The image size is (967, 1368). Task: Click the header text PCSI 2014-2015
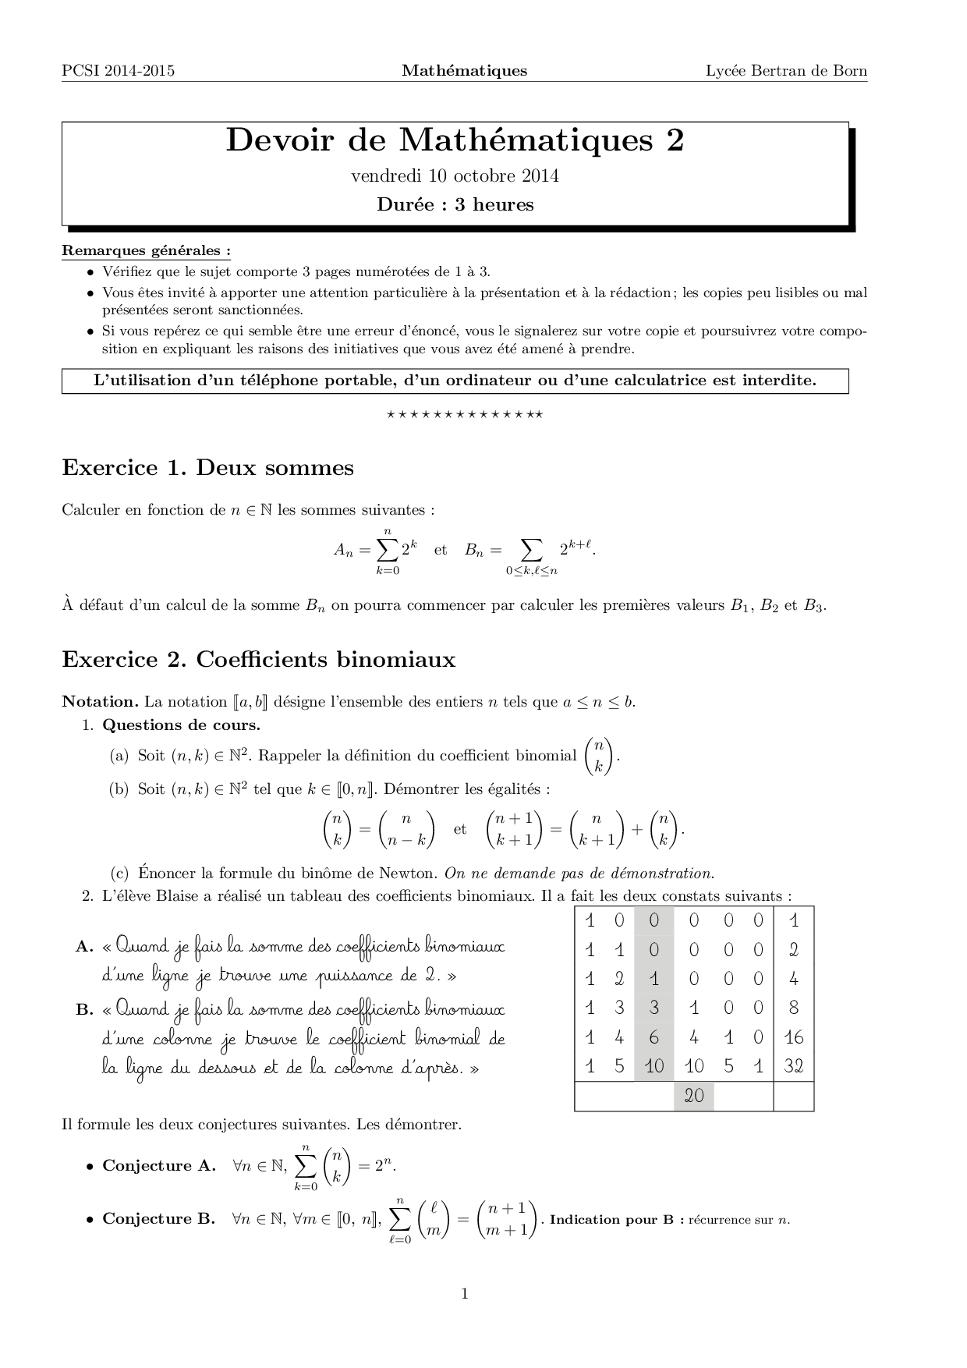[118, 71]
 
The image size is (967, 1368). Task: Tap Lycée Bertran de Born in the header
[786, 71]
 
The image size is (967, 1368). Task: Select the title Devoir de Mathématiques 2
[455, 140]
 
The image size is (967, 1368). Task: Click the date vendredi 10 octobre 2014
[455, 175]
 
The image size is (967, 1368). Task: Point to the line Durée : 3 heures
[455, 205]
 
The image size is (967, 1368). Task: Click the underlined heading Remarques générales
[146, 251]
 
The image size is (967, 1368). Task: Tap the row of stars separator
[465, 414]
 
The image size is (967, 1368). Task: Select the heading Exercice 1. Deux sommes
[207, 468]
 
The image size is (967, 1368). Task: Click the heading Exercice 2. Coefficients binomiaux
[258, 660]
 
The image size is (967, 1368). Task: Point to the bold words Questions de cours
[181, 725]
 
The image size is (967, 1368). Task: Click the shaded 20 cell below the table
[693, 1096]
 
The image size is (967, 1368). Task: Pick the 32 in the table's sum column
[793, 1066]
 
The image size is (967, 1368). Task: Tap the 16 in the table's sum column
[793, 1037]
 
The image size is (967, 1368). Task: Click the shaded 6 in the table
[654, 1037]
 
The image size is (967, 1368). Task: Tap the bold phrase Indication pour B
[616, 1220]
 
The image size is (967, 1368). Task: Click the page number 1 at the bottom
[465, 1295]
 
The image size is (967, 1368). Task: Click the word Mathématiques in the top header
[464, 71]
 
